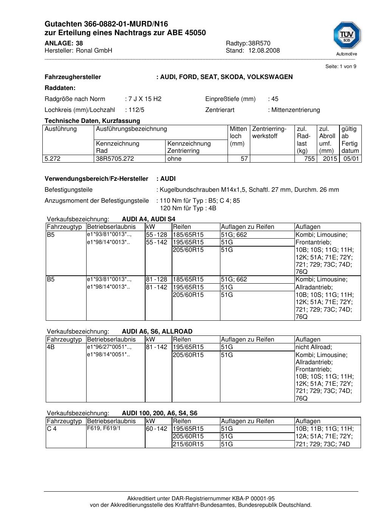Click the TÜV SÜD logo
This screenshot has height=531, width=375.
pyautogui.click(x=346, y=37)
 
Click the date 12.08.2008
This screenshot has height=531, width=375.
pyautogui.click(x=264, y=51)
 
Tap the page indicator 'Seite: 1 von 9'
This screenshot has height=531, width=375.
pyautogui.click(x=341, y=67)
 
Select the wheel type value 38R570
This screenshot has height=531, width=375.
pyautogui.click(x=259, y=43)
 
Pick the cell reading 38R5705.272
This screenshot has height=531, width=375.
pyautogui.click(x=115, y=159)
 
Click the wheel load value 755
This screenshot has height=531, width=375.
pyautogui.click(x=310, y=159)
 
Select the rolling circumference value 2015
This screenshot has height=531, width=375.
pyautogui.click(x=330, y=159)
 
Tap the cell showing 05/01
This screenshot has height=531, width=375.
pyautogui.click(x=351, y=159)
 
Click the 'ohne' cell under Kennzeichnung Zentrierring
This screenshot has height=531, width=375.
pyautogui.click(x=174, y=159)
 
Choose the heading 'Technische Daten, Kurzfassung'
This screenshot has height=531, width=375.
pyautogui.click(x=92, y=121)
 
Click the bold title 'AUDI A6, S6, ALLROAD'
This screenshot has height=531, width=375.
pyautogui.click(x=157, y=332)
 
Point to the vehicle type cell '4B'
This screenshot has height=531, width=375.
pyautogui.click(x=51, y=347)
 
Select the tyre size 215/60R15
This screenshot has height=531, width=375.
pyautogui.click(x=188, y=444)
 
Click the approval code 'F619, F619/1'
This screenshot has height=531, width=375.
pyautogui.click(x=104, y=429)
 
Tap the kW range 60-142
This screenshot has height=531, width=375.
pyautogui.click(x=157, y=429)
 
